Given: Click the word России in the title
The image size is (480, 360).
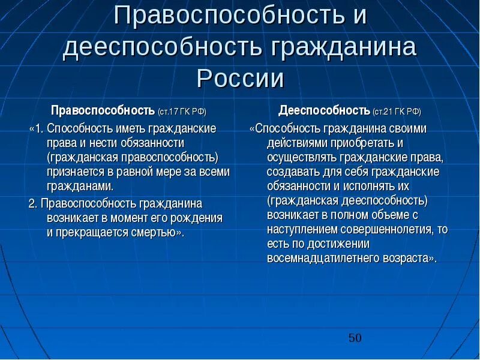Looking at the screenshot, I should click(x=240, y=79).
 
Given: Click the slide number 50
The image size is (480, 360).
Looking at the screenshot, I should click(x=355, y=338).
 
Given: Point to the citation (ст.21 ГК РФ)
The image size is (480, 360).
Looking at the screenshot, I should click(x=397, y=112).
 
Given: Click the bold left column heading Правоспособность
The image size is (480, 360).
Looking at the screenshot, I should click(x=103, y=111).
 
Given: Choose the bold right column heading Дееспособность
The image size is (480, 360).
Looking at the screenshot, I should click(x=323, y=111).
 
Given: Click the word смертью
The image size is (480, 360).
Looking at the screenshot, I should click(x=154, y=232).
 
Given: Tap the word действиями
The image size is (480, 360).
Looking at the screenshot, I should click(x=296, y=143).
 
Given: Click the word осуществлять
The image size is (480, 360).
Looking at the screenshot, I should click(x=302, y=158).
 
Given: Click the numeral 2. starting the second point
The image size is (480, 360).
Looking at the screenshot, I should click(x=33, y=203).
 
